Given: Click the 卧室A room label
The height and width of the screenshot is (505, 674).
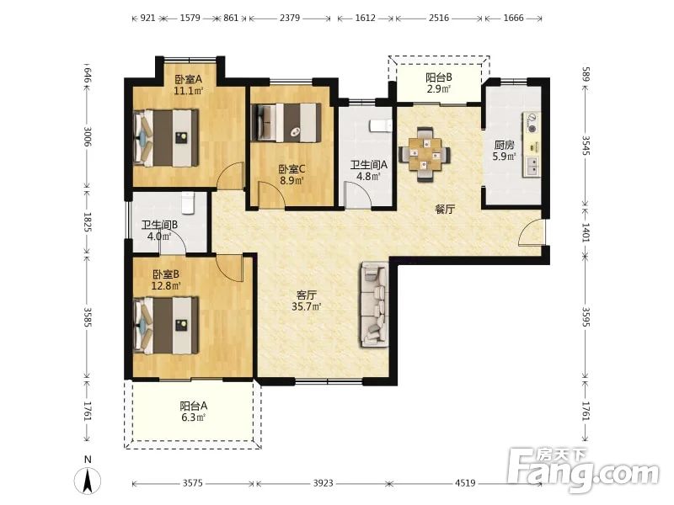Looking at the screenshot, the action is coord(188,79).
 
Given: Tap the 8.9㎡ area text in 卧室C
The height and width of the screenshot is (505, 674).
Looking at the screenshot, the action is coord(292,180).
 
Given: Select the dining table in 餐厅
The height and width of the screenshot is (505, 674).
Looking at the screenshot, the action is coord(425,154).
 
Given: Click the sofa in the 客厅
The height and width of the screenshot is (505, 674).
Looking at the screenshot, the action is coord(375,304).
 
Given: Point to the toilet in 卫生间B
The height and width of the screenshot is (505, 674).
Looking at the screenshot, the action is coord(188,203).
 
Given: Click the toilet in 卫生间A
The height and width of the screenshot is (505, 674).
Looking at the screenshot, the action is coord(381,125).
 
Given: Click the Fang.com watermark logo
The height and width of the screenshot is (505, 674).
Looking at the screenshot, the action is coord(582,469).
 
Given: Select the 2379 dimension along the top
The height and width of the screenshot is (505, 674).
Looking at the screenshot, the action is coord(290,18).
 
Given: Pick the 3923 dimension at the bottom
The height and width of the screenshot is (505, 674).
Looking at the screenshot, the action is coord(323,483).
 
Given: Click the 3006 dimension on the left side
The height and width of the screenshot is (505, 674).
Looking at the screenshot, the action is coord(88,136).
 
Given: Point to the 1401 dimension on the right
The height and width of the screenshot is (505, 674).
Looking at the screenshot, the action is coord(586,232).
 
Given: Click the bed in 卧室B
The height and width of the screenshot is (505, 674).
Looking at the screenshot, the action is coord(166,326).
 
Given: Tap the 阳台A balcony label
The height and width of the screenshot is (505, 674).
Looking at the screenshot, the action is coord(194,406).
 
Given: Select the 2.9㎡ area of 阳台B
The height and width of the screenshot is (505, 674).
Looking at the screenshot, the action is coord(438,89).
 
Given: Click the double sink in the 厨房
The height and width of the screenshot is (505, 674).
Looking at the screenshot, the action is coord(532,166).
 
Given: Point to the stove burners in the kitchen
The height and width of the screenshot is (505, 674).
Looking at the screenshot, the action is coord(532,122).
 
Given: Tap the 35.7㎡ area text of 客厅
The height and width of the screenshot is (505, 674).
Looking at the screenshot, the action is coord(307,306).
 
